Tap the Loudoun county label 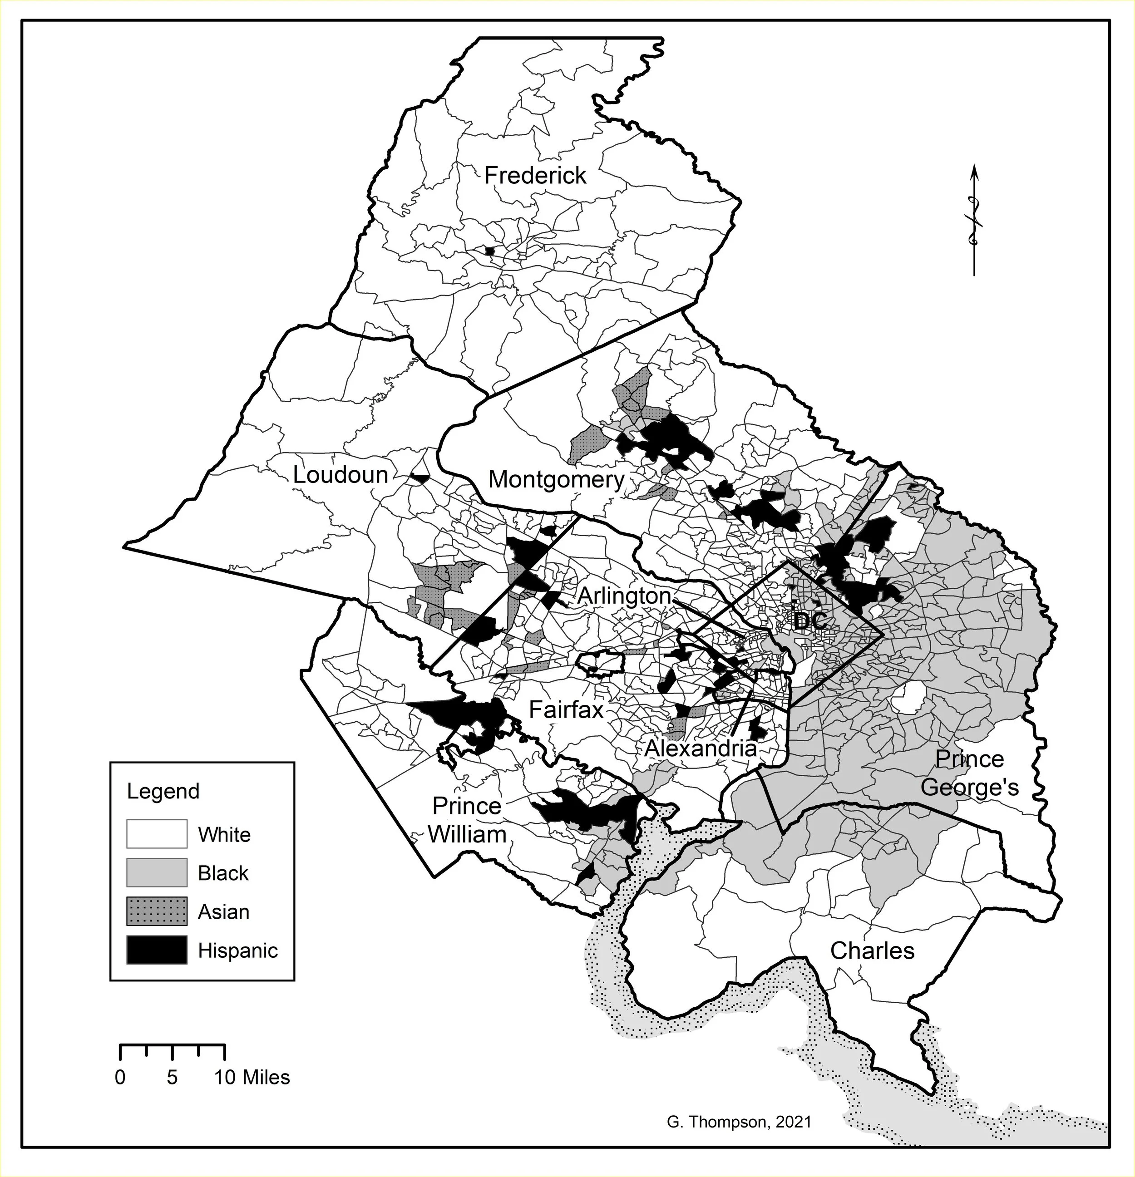pyautogui.click(x=340, y=475)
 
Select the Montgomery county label pyautogui.click(x=556, y=479)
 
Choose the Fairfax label pyautogui.click(x=566, y=710)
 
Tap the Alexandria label pyautogui.click(x=700, y=748)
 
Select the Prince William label pyautogui.click(x=467, y=820)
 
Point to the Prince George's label pyautogui.click(x=969, y=773)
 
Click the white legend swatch pyautogui.click(x=157, y=834)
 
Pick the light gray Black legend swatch pyautogui.click(x=157, y=872)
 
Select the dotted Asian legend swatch pyautogui.click(x=157, y=911)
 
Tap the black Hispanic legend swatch pyautogui.click(x=157, y=950)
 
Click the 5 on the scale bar pyautogui.click(x=173, y=1077)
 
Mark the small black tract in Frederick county pyautogui.click(x=489, y=251)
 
